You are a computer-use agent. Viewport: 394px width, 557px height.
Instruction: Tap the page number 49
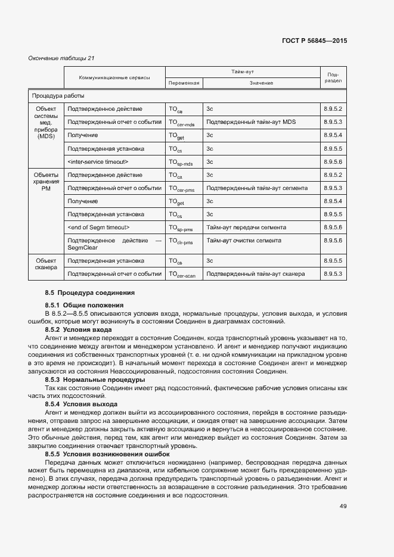[x=343, y=506]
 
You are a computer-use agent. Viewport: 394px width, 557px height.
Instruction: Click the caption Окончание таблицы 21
[x=61, y=58]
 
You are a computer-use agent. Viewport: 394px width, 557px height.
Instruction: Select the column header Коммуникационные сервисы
[x=114, y=77]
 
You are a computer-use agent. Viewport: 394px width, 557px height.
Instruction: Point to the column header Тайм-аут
[x=243, y=71]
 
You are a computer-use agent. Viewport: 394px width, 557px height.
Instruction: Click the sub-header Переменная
[x=183, y=83]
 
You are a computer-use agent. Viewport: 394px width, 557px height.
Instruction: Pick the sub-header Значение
[x=261, y=83]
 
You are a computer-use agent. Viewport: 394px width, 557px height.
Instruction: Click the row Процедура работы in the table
[x=58, y=95]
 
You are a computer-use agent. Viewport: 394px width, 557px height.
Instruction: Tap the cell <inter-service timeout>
[x=98, y=161]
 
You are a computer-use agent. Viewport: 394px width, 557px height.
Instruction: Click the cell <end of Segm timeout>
[x=99, y=227]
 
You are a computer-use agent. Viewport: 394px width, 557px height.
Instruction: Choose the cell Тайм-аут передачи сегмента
[x=246, y=227]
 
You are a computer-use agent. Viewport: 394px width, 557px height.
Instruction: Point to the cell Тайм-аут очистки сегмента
[x=245, y=240]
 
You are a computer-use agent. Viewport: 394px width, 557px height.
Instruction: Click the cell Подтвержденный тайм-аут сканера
[x=255, y=273]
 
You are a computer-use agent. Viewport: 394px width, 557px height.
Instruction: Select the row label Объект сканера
[x=46, y=264]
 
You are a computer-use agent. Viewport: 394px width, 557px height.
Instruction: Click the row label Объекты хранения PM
[x=46, y=181]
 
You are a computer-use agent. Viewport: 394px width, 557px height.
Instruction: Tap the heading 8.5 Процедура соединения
[x=89, y=292]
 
